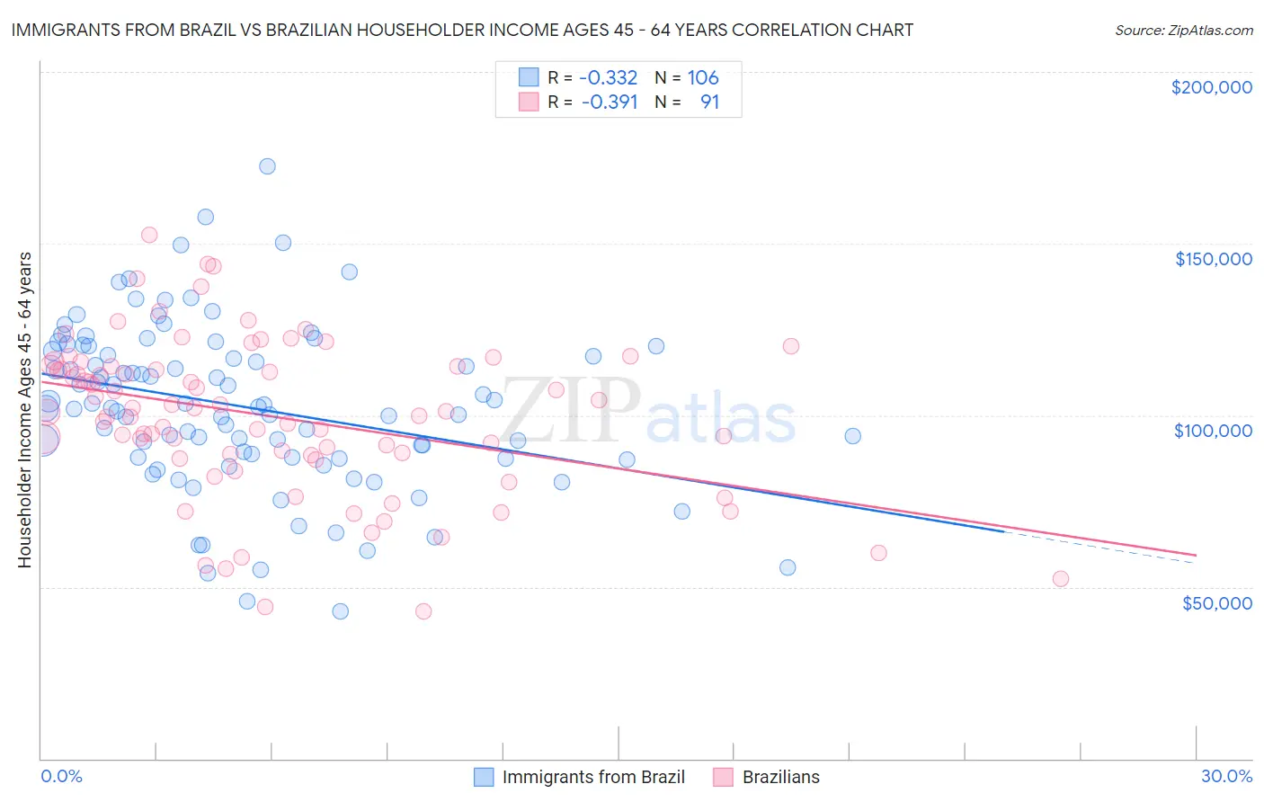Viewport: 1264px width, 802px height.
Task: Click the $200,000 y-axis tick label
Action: (x=1211, y=87)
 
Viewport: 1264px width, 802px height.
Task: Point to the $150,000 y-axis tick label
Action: (x=1213, y=259)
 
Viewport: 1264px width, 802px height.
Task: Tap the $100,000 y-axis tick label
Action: (x=1213, y=431)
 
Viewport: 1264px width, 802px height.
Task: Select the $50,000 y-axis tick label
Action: (x=1216, y=602)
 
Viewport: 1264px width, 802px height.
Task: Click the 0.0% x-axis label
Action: (x=61, y=776)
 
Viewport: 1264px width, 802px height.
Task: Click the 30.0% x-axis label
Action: (x=1226, y=776)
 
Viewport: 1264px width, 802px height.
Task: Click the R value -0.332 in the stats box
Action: (x=609, y=78)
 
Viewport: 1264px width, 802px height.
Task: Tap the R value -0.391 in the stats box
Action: (x=609, y=102)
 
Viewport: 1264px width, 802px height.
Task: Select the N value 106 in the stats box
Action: (x=703, y=78)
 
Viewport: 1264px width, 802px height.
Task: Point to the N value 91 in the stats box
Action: (x=709, y=102)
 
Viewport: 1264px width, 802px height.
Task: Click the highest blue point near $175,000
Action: (x=267, y=166)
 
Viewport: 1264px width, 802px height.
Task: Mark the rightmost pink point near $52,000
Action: (x=1061, y=579)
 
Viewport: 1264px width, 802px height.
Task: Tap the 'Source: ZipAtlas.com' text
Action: (x=1183, y=30)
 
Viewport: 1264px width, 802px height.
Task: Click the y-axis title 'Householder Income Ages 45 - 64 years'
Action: (x=24, y=410)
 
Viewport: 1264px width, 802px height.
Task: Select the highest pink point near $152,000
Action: (x=149, y=235)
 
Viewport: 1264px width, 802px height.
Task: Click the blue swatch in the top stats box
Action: (x=529, y=77)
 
